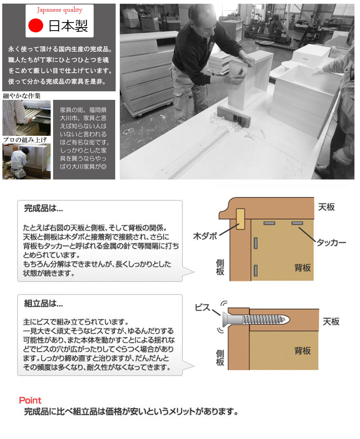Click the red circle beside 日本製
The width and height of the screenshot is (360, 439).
click(36, 26)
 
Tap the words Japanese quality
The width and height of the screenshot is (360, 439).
click(60, 10)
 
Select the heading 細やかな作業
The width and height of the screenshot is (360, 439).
click(22, 96)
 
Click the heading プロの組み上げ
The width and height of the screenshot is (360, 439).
click(25, 140)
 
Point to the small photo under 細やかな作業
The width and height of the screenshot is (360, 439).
click(27, 118)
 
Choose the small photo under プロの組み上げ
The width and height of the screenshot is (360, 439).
click(27, 161)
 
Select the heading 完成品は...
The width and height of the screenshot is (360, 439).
click(43, 208)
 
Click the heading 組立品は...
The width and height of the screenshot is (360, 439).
click(43, 303)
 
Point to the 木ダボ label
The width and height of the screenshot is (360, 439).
click(205, 236)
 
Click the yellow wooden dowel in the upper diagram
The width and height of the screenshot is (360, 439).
click(240, 219)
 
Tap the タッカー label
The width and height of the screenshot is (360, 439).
click(331, 242)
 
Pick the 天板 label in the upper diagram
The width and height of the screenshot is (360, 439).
click(326, 207)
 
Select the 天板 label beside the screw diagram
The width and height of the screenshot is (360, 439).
click(331, 322)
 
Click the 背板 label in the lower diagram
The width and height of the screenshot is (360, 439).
click(302, 350)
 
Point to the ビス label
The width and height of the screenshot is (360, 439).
click(202, 308)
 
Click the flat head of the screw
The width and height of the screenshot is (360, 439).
click(225, 319)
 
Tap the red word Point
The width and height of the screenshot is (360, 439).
click(30, 400)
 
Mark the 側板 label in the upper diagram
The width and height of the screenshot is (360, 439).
click(220, 267)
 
